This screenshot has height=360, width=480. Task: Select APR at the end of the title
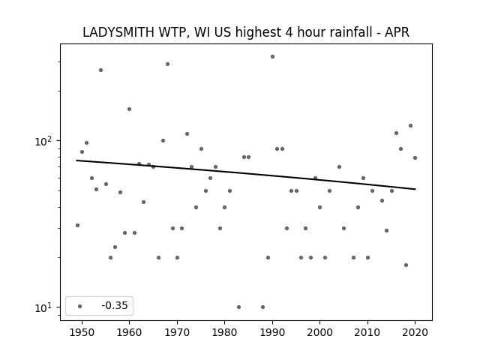tap(397, 32)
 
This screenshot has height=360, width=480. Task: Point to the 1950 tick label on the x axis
tap(82, 332)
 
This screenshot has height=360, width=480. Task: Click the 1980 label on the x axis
tap(225, 332)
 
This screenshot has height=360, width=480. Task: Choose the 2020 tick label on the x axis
tap(415, 332)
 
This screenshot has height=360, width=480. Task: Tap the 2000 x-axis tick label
tap(320, 332)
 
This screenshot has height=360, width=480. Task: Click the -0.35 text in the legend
tap(115, 305)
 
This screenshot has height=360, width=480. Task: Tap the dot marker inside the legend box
tap(80, 306)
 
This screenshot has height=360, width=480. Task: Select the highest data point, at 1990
tap(272, 57)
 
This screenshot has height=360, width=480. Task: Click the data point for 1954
tap(100, 70)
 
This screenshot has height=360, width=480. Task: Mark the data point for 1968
tap(167, 64)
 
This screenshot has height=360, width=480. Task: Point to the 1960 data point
tap(129, 109)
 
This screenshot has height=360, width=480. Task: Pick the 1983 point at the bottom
tap(238, 307)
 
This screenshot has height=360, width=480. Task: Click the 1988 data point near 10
tap(262, 307)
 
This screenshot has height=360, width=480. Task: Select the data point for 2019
tap(410, 125)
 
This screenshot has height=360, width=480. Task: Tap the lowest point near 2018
tap(406, 265)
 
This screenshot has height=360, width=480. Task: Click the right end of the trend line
tap(415, 189)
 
